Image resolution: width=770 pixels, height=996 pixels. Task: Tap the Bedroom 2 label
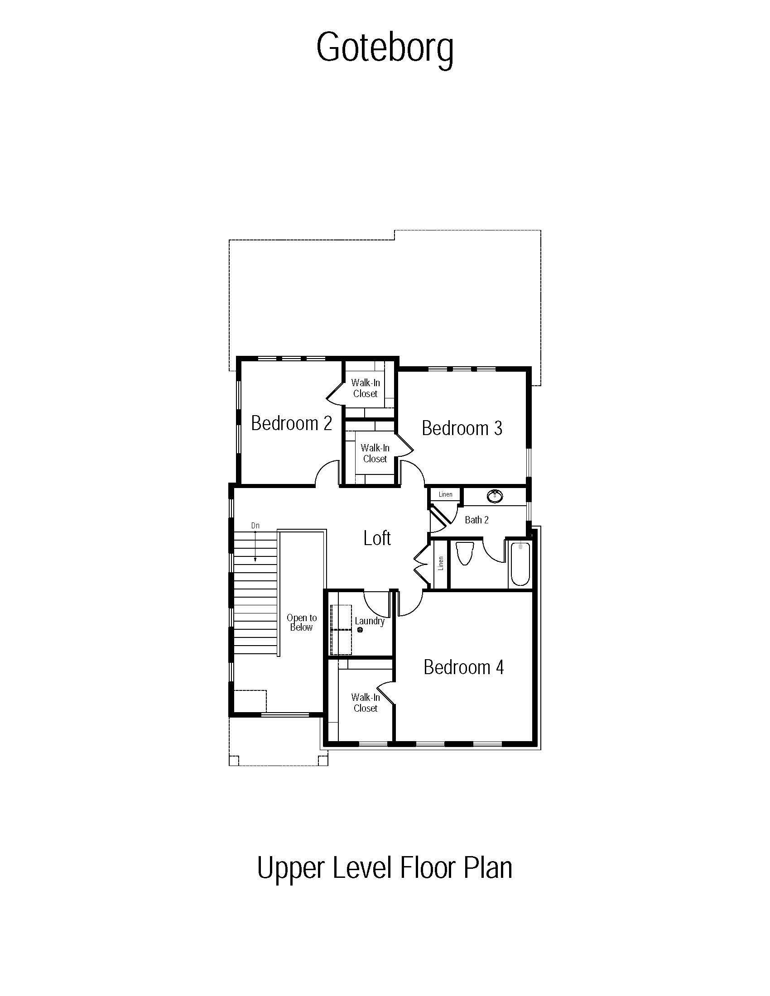(x=292, y=423)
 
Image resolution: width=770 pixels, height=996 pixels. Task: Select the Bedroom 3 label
(x=462, y=428)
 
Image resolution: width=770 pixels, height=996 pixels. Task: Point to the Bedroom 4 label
(x=464, y=667)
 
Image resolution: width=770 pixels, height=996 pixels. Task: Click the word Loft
(x=377, y=538)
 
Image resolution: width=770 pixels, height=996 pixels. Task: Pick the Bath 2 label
(x=476, y=520)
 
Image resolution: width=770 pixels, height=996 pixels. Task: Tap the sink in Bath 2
(x=495, y=496)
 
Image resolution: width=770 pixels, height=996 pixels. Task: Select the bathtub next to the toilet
(x=520, y=564)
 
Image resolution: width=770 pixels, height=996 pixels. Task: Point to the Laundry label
(x=370, y=621)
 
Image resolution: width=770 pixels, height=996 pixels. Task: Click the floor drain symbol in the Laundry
(x=360, y=630)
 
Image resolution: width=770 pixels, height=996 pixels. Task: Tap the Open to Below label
(x=302, y=622)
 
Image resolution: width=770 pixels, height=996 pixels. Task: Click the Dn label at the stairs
(x=255, y=526)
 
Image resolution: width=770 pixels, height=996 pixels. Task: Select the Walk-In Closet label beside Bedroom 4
(x=366, y=703)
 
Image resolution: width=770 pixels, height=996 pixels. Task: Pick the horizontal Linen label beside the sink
(x=446, y=494)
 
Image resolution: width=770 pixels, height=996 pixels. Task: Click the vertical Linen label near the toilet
(x=441, y=563)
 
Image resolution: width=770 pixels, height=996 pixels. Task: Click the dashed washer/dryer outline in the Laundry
(x=341, y=630)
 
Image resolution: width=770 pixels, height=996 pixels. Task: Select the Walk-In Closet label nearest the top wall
(x=366, y=388)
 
